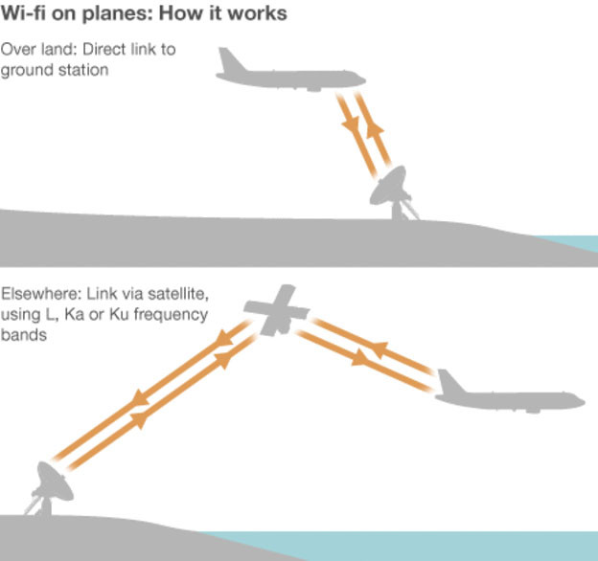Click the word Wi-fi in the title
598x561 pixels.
(23, 13)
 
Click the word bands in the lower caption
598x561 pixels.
(24, 335)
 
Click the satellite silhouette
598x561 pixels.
(277, 310)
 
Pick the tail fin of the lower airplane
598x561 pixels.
(450, 382)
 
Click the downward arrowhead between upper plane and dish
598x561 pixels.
(351, 123)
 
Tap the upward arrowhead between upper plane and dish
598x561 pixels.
(375, 130)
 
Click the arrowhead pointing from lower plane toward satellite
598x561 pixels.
(379, 349)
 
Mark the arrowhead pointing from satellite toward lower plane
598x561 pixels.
(360, 358)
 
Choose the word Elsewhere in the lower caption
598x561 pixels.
(37, 294)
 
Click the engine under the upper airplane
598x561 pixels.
(314, 89)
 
